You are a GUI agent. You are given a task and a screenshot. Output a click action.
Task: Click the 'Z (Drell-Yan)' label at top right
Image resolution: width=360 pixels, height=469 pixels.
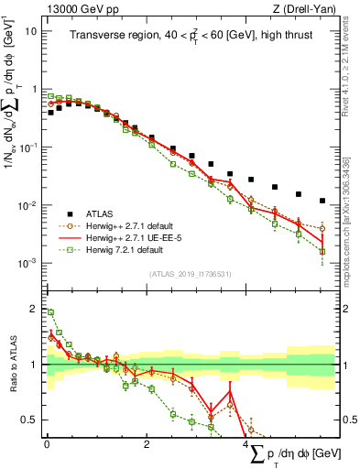click(x=305, y=8)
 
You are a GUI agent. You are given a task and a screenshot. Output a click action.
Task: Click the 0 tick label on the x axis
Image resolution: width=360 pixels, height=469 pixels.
click(x=47, y=443)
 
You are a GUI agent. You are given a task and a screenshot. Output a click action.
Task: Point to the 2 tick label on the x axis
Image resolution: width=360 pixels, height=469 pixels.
click(x=147, y=443)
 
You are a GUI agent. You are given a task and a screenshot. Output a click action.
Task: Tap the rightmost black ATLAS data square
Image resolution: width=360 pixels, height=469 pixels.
click(x=322, y=201)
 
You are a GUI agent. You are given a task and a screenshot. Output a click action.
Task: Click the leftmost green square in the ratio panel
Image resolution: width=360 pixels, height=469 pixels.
click(x=50, y=312)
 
